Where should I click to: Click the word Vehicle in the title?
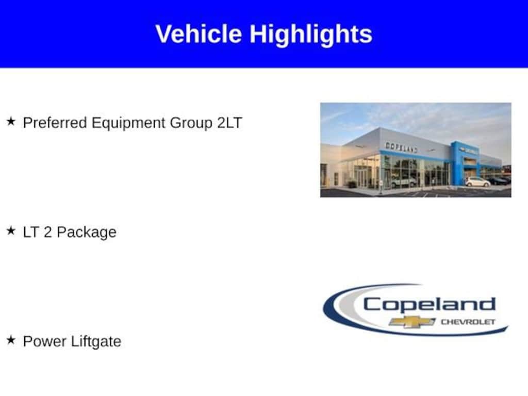tap(199, 34)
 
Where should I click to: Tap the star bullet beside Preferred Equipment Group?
tap(11, 121)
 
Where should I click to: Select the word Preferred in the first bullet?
tap(55, 123)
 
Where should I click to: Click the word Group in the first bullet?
tap(191, 123)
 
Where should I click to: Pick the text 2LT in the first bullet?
tap(229, 123)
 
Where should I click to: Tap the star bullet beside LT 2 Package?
tap(11, 230)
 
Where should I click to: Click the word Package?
tap(87, 233)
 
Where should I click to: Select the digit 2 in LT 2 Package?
tap(47, 232)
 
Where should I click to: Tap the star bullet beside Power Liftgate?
tap(11, 340)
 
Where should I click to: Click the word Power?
tap(45, 341)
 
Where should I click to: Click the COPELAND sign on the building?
tap(401, 147)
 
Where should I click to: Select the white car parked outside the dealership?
tap(477, 182)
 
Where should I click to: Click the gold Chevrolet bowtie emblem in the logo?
tap(412, 322)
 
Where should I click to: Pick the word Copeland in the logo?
tap(430, 304)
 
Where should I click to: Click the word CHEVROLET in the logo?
tap(468, 322)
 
